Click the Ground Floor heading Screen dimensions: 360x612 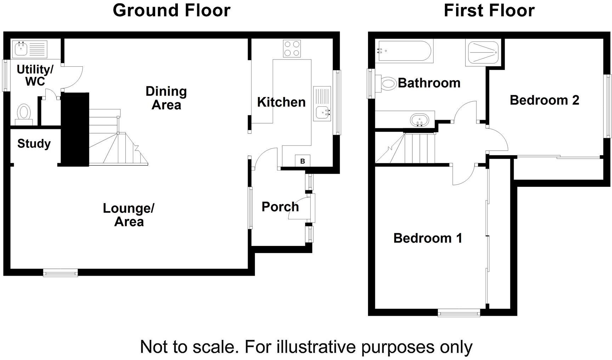pos(171,10)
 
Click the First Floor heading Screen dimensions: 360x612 pos(489,10)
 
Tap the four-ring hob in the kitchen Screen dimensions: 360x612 pos(292,49)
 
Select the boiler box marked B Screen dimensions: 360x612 pos(302,161)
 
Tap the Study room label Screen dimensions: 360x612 pos(34,144)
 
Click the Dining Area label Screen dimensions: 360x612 pos(166,98)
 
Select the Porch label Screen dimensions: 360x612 pos(280,207)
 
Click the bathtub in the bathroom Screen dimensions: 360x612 pos(404,51)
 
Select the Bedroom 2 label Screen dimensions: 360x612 pos(544,100)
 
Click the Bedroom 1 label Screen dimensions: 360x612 pos(427,238)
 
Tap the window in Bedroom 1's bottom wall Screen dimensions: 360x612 pos(459,313)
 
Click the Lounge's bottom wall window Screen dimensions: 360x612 pos(60,272)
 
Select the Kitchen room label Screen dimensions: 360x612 pos(281,102)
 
